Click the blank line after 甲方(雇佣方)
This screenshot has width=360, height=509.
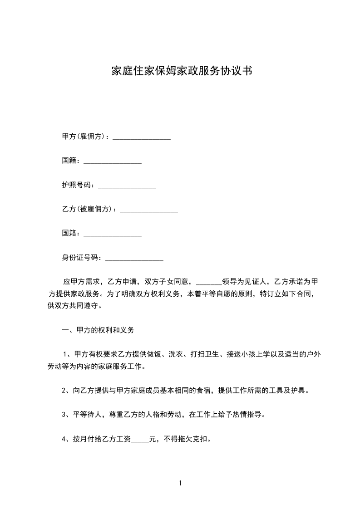[141, 137]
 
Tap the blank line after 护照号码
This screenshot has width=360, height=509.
[127, 186]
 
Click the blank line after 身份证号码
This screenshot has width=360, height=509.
[134, 259]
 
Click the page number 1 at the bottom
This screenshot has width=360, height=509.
[180, 483]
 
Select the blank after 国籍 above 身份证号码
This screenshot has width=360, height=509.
[113, 234]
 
